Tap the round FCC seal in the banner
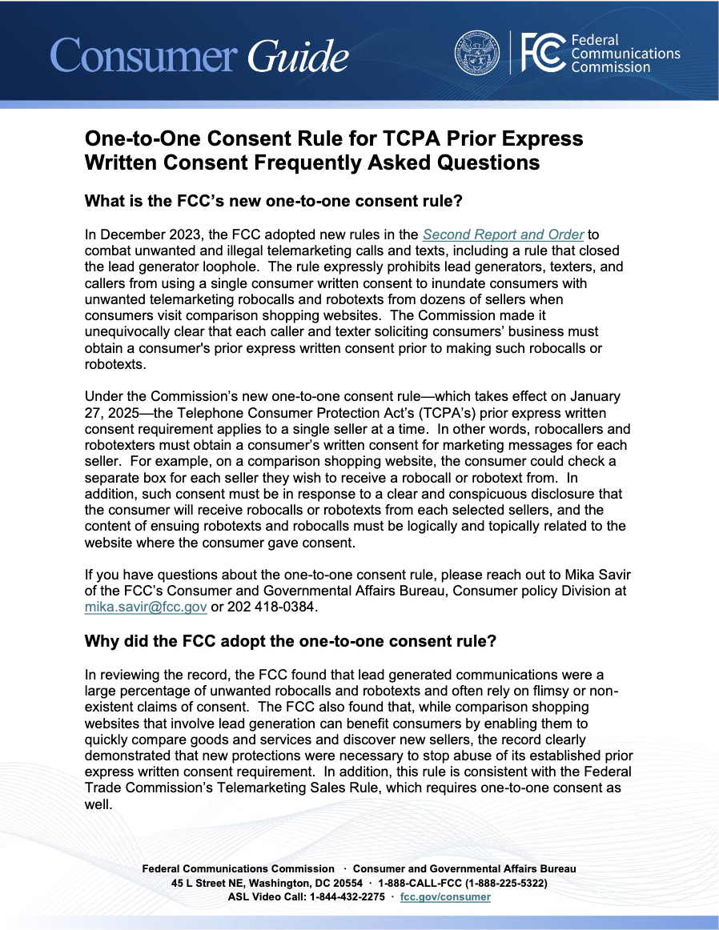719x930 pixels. tap(477, 53)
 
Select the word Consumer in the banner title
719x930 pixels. tap(143, 55)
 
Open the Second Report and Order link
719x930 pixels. tap(504, 235)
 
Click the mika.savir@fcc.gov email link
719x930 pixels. tap(145, 607)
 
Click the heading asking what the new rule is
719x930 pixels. tap(273, 201)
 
